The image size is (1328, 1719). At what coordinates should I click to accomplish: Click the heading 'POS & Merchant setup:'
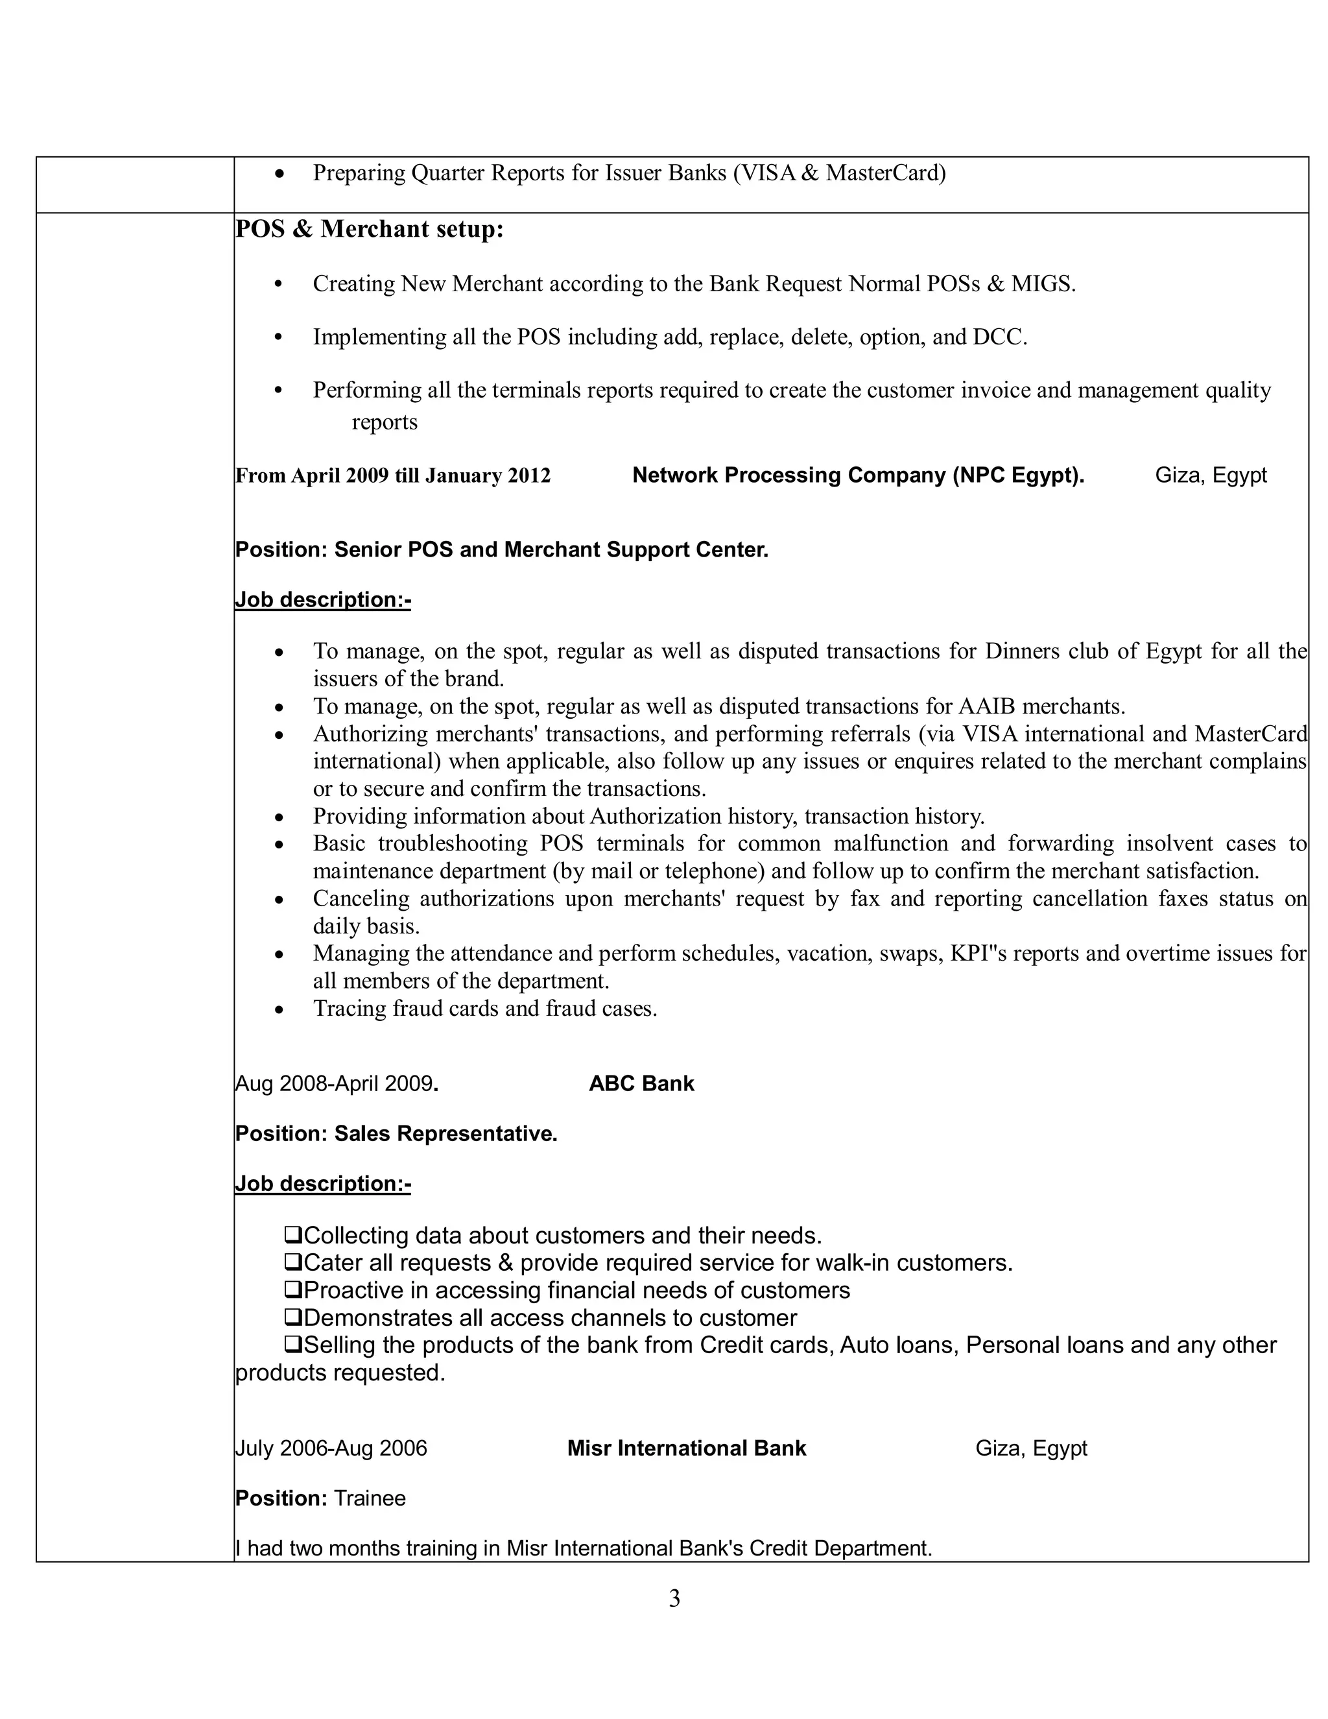(x=369, y=229)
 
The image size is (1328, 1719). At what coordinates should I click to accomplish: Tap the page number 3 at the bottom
(x=674, y=1598)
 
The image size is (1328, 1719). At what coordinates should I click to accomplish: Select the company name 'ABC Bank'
(x=641, y=1084)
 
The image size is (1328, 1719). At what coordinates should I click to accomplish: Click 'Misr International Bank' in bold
(x=686, y=1449)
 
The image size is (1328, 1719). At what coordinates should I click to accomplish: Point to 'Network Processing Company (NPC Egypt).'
(x=857, y=475)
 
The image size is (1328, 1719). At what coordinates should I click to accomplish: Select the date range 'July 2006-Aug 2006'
(x=331, y=1449)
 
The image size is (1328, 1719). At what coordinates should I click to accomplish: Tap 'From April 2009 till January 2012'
(x=392, y=476)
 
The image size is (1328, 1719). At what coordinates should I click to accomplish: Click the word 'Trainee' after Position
(x=370, y=1498)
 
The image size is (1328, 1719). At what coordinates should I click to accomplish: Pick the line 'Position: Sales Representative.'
(x=396, y=1133)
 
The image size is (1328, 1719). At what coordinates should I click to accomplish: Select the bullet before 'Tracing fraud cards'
(x=278, y=1010)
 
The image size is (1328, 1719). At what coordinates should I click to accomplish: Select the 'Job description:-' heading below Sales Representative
(x=322, y=1184)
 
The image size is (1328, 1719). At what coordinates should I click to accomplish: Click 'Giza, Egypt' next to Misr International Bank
(x=1030, y=1449)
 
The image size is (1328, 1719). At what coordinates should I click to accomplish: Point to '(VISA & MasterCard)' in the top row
(x=838, y=173)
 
